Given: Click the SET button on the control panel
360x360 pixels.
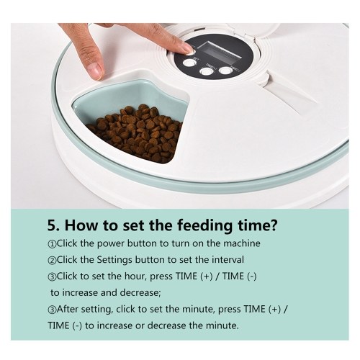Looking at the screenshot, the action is (x=189, y=63).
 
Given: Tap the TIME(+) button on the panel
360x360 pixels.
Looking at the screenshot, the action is (x=207, y=71).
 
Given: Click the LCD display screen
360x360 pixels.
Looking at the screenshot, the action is (x=222, y=50).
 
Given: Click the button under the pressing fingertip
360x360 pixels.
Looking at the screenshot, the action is (x=191, y=53).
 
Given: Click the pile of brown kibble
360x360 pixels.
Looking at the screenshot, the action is (x=136, y=133).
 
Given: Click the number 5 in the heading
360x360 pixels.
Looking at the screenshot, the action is (x=52, y=225).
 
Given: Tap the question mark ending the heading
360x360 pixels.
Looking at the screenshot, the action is (x=273, y=225).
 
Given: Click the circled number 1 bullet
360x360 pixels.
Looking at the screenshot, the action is (x=52, y=244).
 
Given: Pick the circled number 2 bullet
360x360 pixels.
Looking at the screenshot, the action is (x=52, y=261).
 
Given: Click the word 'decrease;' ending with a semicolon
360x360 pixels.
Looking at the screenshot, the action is (x=140, y=292).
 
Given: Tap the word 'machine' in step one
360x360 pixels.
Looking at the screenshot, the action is (x=242, y=243).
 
